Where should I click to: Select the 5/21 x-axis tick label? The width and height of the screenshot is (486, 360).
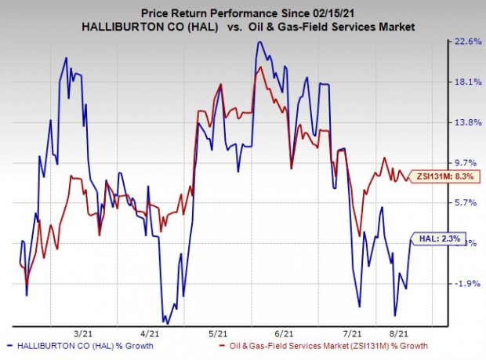[x=219, y=333]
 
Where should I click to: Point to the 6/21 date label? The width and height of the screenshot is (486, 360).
[x=285, y=333]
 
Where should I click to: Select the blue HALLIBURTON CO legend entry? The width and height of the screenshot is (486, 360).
[x=78, y=346]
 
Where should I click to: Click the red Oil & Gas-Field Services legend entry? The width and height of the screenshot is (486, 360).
[x=325, y=346]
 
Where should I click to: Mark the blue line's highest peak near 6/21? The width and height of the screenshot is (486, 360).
[x=258, y=42]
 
